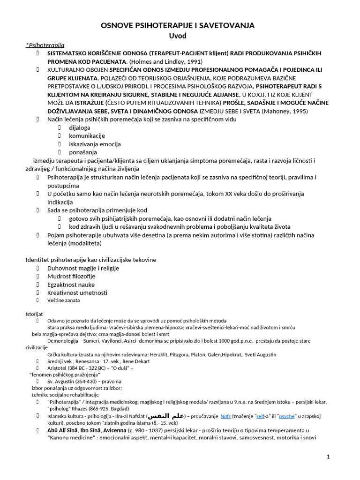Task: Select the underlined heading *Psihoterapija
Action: pos(45,45)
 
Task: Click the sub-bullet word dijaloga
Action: pos(80,127)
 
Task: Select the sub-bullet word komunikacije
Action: pos(87,136)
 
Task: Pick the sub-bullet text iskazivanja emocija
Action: pos(95,144)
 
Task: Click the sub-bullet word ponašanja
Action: pos(83,152)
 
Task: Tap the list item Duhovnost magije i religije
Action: pos(83,268)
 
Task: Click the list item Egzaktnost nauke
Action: pos(71,285)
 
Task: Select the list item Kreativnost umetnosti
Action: pos(77,292)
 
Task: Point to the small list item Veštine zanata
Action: pos(64,300)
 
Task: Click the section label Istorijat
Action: pos(34,313)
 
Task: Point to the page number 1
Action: pos(328,457)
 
